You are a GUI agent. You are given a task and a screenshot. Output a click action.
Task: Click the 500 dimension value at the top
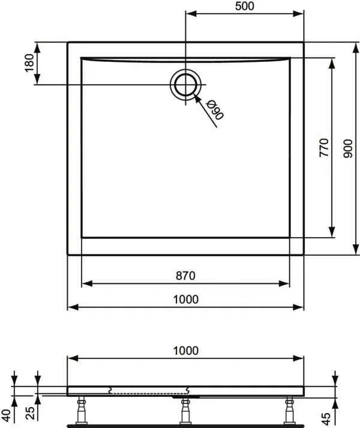pos(245,6)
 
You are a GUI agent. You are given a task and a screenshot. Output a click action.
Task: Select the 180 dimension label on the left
pos(29,63)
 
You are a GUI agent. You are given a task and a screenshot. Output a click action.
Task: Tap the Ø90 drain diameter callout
pos(215,110)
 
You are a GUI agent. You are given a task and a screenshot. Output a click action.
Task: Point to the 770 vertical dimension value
pos(324,148)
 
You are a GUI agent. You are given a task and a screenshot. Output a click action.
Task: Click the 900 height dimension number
pos(348,149)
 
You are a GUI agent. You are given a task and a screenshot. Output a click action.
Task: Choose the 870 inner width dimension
pos(185,276)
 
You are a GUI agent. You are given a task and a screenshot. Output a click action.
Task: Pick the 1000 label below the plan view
pos(186,300)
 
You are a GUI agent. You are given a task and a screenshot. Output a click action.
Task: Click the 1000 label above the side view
pos(186,351)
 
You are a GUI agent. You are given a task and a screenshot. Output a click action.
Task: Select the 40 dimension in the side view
pos(7,415)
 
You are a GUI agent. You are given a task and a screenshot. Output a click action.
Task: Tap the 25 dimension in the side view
pos(31,413)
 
